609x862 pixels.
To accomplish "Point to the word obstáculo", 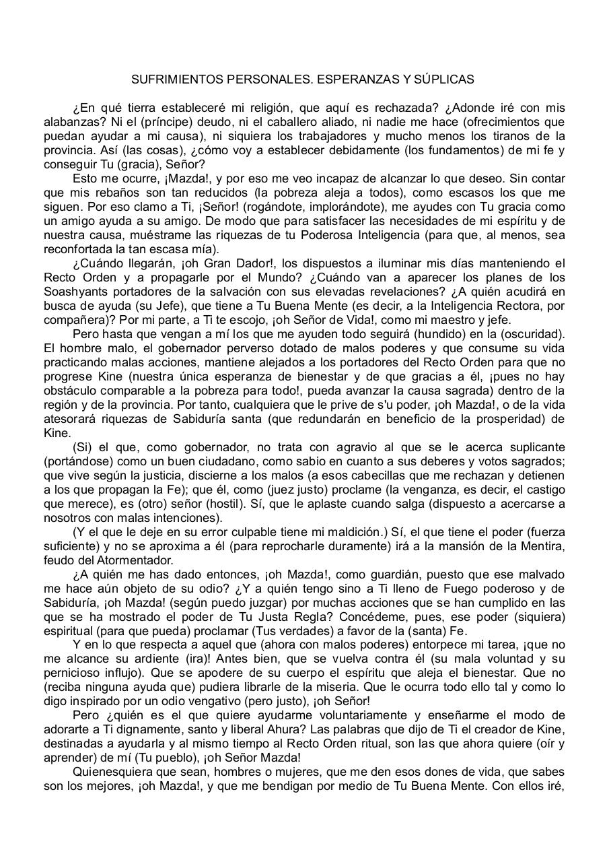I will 72,391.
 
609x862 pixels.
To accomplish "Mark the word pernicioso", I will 74,673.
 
